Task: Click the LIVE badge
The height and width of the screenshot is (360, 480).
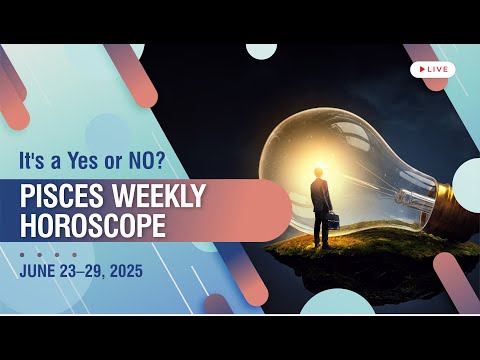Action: click(433, 69)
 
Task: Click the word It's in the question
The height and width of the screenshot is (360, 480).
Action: click(35, 161)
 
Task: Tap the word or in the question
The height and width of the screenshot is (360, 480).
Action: click(108, 161)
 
